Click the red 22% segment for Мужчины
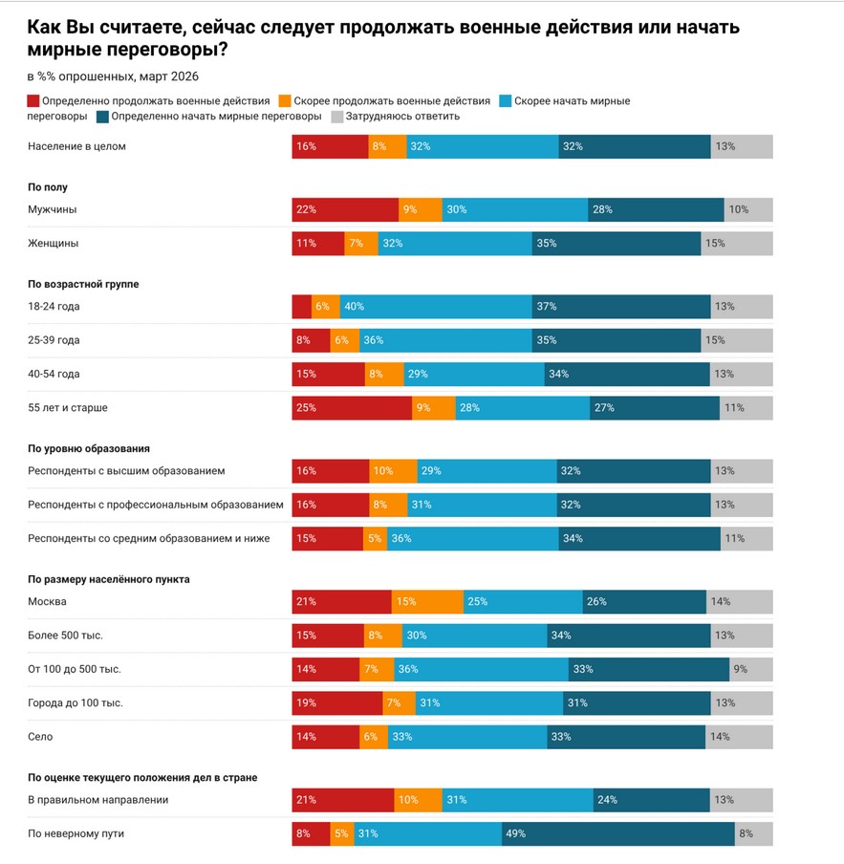[x=345, y=209]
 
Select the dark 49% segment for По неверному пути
[x=617, y=833]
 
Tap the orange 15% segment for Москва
[x=427, y=602]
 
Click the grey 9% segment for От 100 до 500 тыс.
[x=751, y=669]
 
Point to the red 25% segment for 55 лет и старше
[x=352, y=408]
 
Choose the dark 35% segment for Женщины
[x=616, y=244]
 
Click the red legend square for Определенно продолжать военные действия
[x=33, y=101]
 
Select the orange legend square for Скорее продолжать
[x=285, y=101]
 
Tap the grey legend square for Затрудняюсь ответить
[x=337, y=117]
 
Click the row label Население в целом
[x=76, y=147]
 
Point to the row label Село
[x=40, y=737]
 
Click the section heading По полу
[x=48, y=187]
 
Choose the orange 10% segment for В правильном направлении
[x=418, y=800]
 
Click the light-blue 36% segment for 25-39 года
[x=445, y=340]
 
